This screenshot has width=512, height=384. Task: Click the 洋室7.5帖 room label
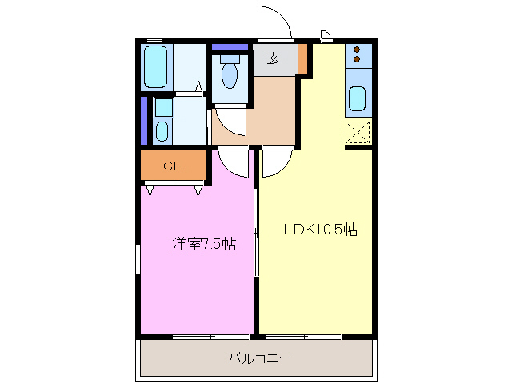204,245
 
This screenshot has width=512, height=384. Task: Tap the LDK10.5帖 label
320,230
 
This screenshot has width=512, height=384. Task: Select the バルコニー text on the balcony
259,358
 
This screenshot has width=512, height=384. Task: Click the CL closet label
172,166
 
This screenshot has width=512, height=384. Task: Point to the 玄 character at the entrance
273,59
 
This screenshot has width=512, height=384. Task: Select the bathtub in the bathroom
155,67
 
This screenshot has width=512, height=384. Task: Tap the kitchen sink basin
357,100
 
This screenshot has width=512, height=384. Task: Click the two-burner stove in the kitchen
358,56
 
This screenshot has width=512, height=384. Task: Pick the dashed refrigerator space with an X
358,131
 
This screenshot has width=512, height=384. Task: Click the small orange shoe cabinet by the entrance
303,58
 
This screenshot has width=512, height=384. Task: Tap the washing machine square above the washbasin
163,107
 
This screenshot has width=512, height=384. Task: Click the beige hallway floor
272,112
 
